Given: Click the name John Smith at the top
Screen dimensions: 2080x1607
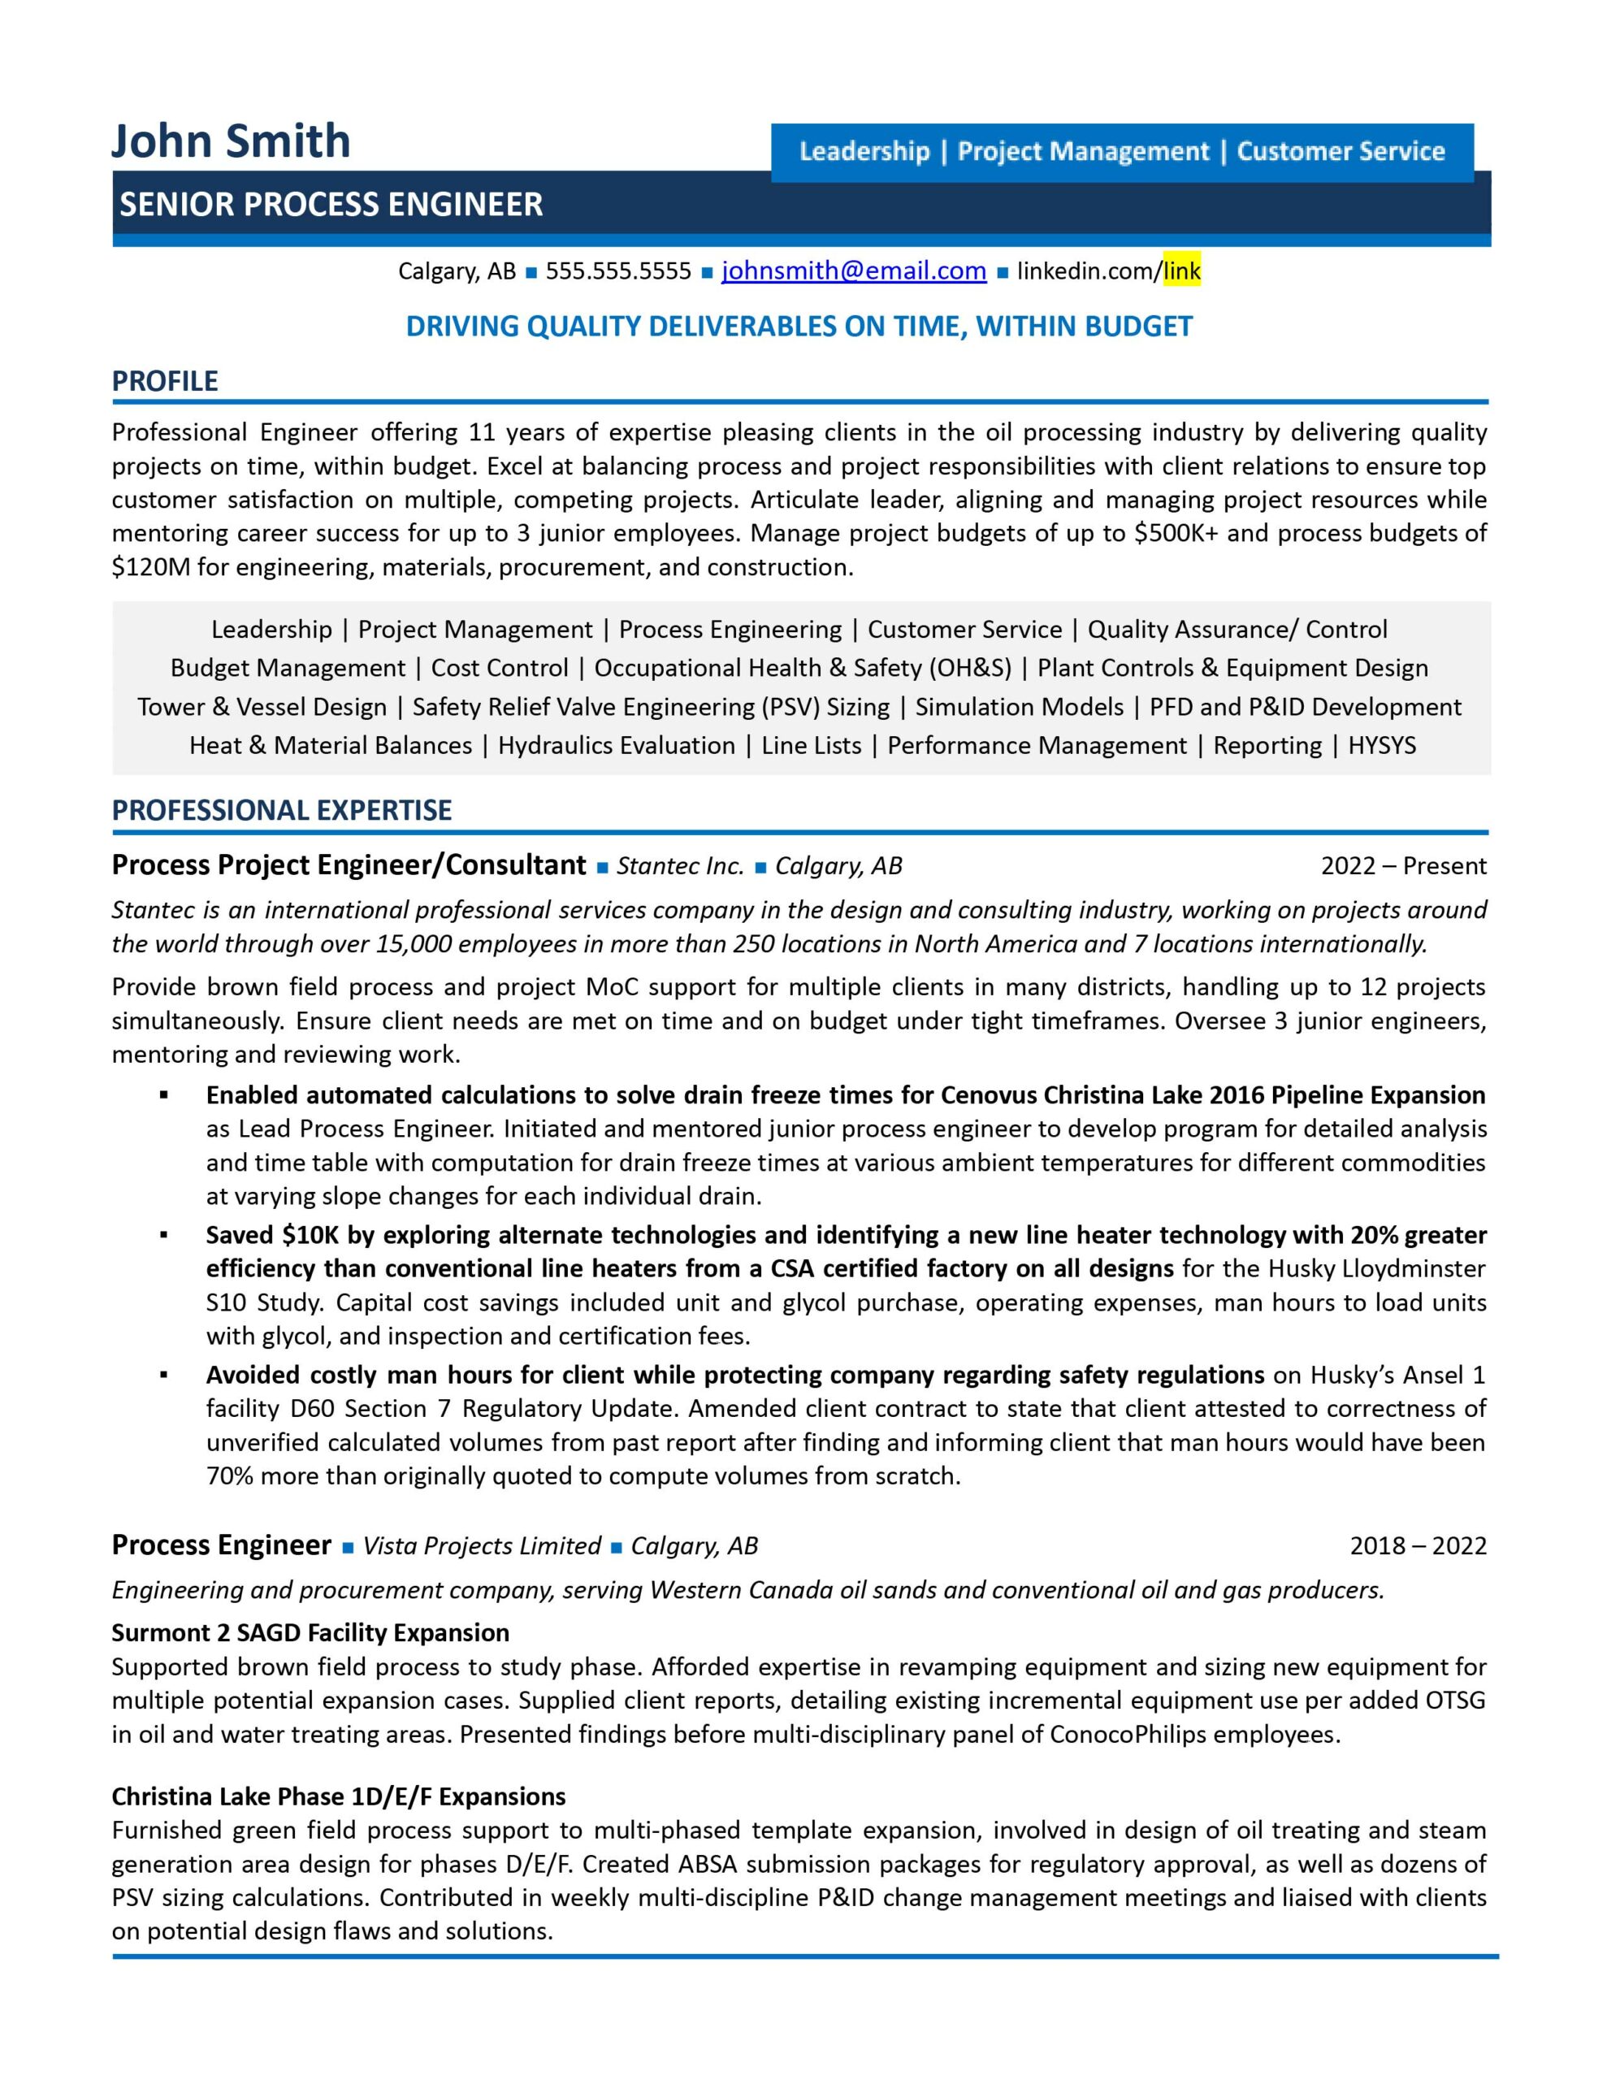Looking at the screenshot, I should point(231,141).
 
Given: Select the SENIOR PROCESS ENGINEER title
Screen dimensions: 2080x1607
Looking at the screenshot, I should point(331,204).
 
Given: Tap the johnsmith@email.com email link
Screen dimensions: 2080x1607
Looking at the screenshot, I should point(854,271).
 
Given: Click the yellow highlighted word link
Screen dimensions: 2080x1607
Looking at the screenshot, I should point(1181,271).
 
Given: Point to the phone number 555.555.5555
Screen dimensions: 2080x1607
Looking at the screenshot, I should point(618,271).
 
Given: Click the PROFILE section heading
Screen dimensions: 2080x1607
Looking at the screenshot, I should point(165,381).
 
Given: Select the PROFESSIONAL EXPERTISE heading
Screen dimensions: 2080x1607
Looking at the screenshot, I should point(281,811).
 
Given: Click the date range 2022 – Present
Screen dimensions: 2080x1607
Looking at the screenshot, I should point(1402,865).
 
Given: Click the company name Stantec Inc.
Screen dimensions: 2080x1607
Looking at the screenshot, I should point(680,865).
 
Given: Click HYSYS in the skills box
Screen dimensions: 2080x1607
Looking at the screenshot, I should point(1381,746).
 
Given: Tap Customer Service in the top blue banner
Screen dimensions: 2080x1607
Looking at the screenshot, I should point(1341,151).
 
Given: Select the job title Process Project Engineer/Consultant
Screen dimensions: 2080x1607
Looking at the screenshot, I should point(349,864).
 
